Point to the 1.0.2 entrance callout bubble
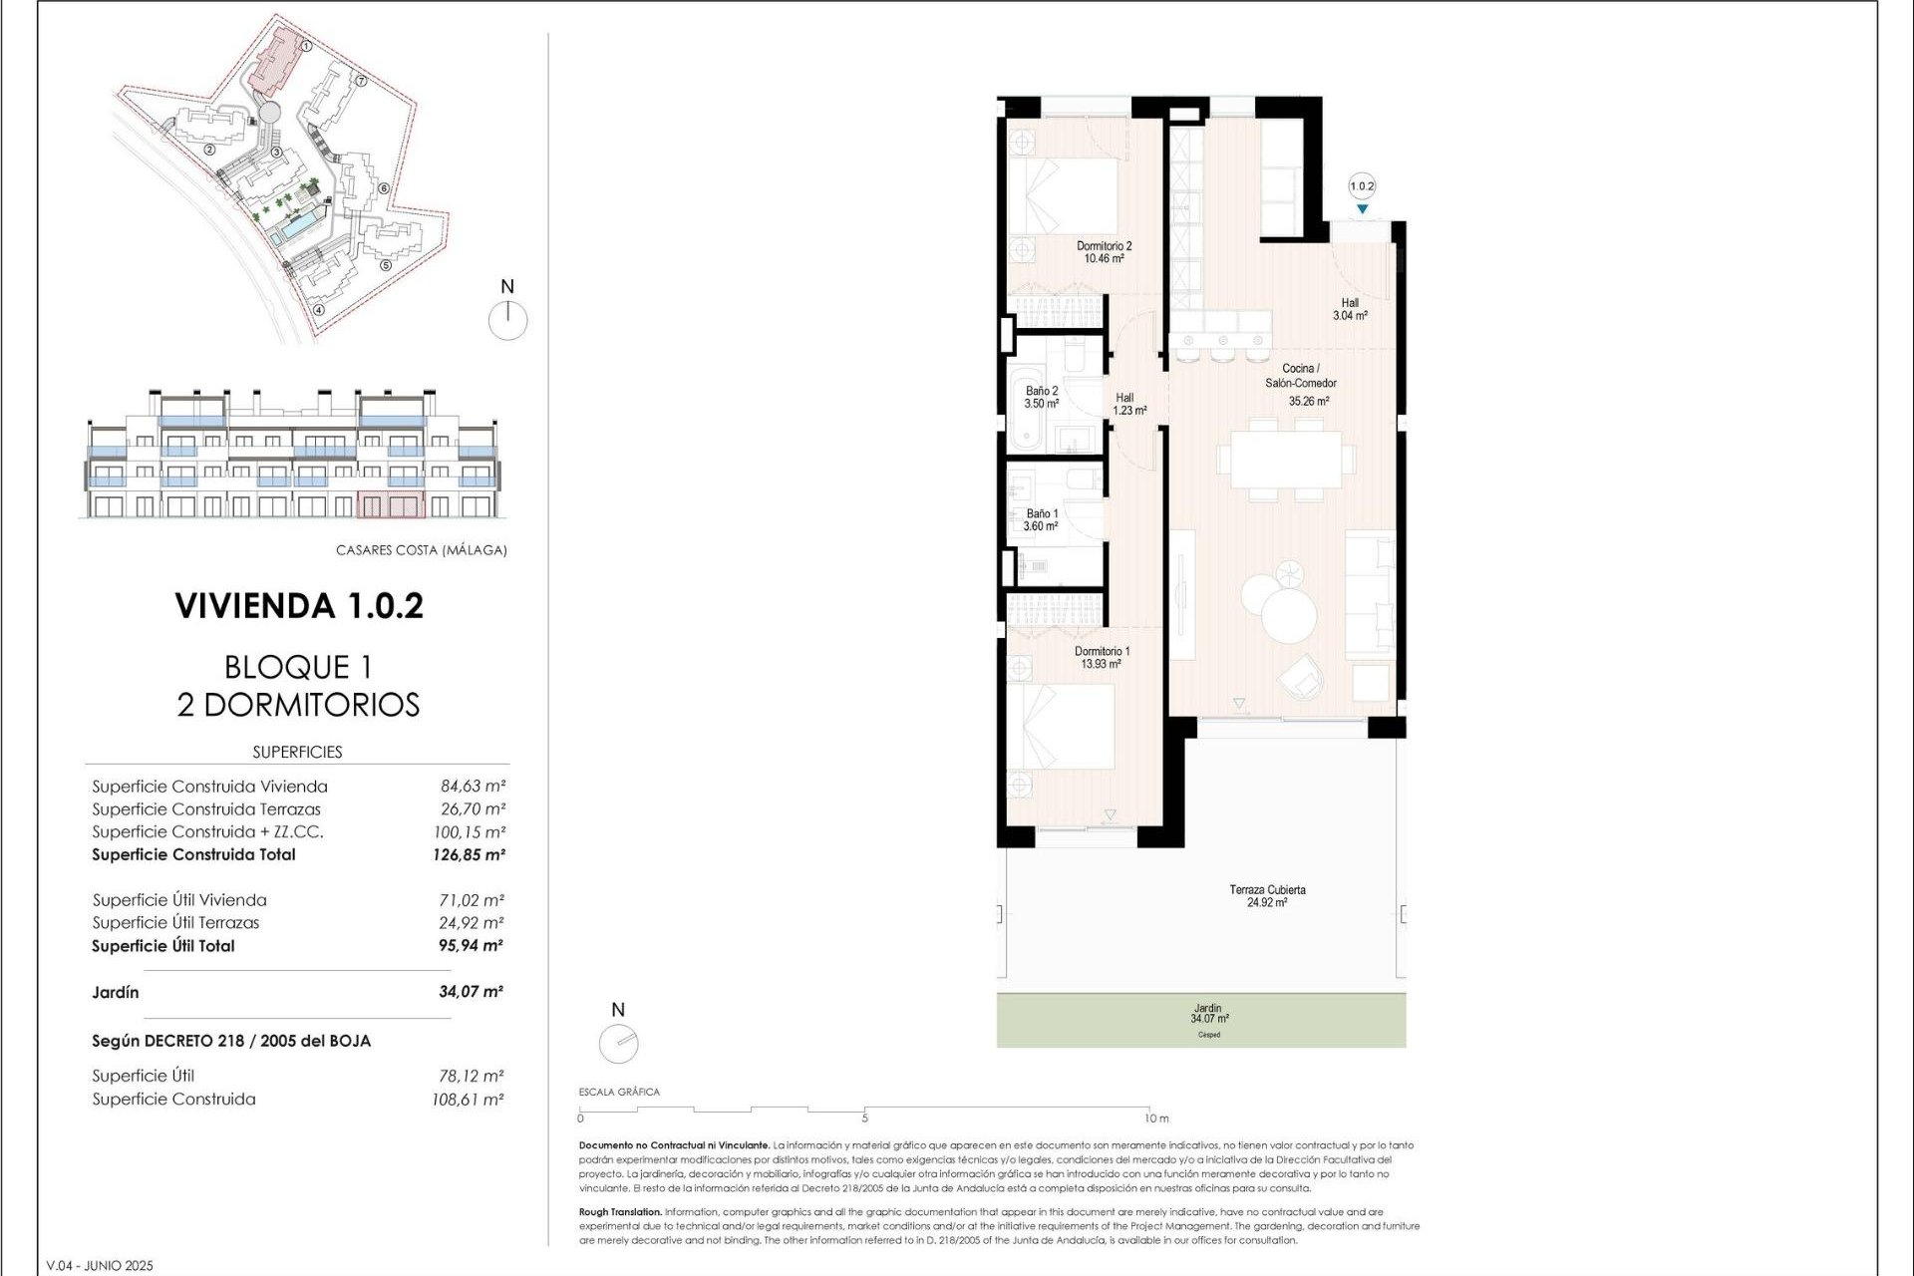click(x=1362, y=186)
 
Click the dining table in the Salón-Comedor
click(x=1285, y=459)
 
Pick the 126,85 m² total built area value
click(x=469, y=855)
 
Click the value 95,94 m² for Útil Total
click(x=471, y=946)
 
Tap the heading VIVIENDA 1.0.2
click(x=299, y=606)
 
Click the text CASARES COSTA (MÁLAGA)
click(x=421, y=550)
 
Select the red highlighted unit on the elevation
click(x=390, y=505)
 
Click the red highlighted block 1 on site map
click(x=275, y=60)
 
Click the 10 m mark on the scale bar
click(x=1156, y=1118)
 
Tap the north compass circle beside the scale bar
click(x=618, y=1044)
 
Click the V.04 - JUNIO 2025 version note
click(x=100, y=1266)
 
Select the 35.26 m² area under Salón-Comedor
click(x=1308, y=402)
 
